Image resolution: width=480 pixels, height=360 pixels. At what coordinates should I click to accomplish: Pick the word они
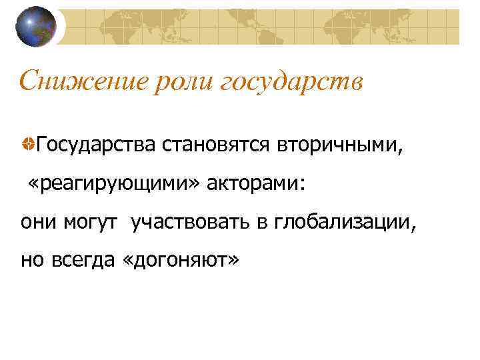pyautogui.click(x=39, y=221)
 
